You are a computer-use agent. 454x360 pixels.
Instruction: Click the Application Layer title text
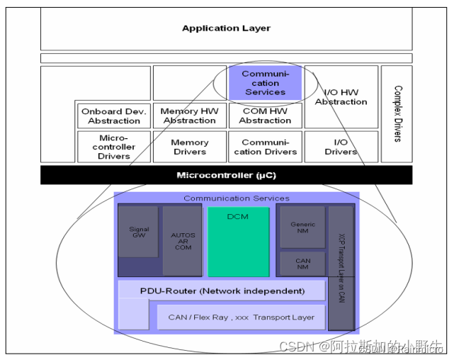pos(226,28)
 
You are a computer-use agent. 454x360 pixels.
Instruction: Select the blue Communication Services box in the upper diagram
pos(265,83)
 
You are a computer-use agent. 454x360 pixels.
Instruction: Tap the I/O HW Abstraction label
pos(341,97)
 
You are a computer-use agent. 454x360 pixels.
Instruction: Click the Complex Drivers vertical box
pos(397,113)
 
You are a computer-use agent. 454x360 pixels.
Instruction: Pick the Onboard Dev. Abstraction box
pos(114,116)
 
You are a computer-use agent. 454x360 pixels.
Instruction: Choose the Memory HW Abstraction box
pos(190,116)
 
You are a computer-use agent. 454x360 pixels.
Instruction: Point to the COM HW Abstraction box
pos(265,116)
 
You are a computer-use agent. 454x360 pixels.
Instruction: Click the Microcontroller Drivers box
pos(114,147)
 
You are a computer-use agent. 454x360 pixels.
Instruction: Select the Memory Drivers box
pos(190,147)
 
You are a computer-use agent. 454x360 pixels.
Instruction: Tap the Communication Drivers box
pos(265,147)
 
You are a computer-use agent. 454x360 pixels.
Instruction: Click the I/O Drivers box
pos(341,147)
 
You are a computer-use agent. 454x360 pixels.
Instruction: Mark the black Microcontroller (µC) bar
pos(226,175)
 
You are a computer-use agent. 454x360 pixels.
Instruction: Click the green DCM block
pos(238,241)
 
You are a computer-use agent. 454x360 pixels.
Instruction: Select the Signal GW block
pos(139,234)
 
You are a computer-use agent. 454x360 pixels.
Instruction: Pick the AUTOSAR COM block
pos(182,241)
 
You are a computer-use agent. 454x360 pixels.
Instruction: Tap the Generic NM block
pos(302,227)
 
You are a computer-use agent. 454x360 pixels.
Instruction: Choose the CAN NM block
pos(302,262)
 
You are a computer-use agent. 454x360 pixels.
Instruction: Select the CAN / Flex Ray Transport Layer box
pos(241,317)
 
